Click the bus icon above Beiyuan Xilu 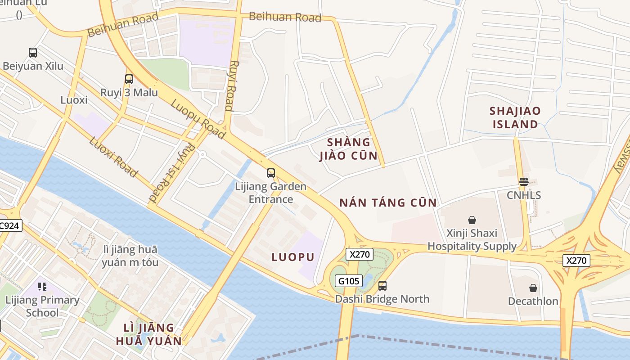click(33, 53)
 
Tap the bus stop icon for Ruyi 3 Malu click(129, 79)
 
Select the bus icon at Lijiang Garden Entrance click(271, 173)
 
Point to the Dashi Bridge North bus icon click(382, 285)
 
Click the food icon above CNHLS click(523, 182)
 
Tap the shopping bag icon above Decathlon click(533, 288)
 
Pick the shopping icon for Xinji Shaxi click(472, 220)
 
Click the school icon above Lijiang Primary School click(42, 286)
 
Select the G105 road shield click(349, 281)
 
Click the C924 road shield click(9, 225)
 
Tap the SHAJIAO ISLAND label click(515, 117)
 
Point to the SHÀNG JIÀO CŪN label click(348, 149)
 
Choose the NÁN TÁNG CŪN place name click(388, 202)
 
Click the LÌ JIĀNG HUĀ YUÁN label click(149, 334)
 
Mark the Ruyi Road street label click(231, 85)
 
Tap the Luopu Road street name click(198, 118)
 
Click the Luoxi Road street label click(113, 157)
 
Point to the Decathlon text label click(533, 301)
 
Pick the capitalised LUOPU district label click(293, 257)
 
